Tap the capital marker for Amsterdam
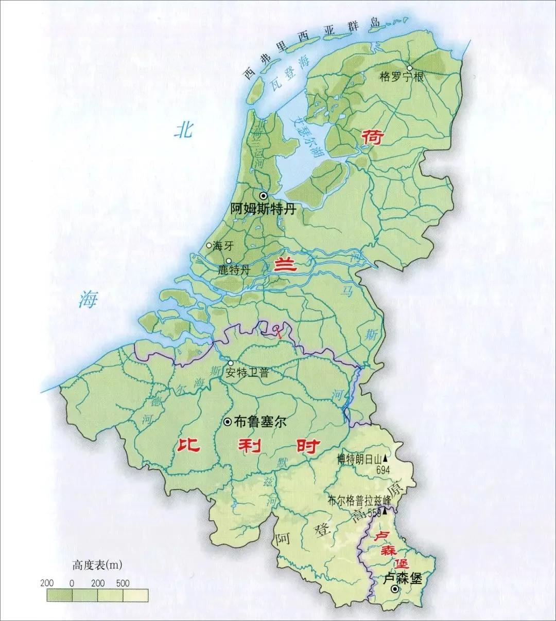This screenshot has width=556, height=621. point(264,196)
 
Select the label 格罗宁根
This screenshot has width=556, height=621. point(401,78)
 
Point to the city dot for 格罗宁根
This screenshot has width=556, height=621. point(410,68)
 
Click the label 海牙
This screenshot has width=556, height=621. point(223,246)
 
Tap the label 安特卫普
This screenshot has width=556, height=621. point(247,373)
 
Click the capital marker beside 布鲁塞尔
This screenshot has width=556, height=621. point(227,422)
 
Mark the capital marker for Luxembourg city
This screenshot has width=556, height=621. point(395,589)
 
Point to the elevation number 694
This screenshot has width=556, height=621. point(383,469)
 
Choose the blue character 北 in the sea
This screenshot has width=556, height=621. point(183,130)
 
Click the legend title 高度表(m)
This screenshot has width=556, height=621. point(97,565)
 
